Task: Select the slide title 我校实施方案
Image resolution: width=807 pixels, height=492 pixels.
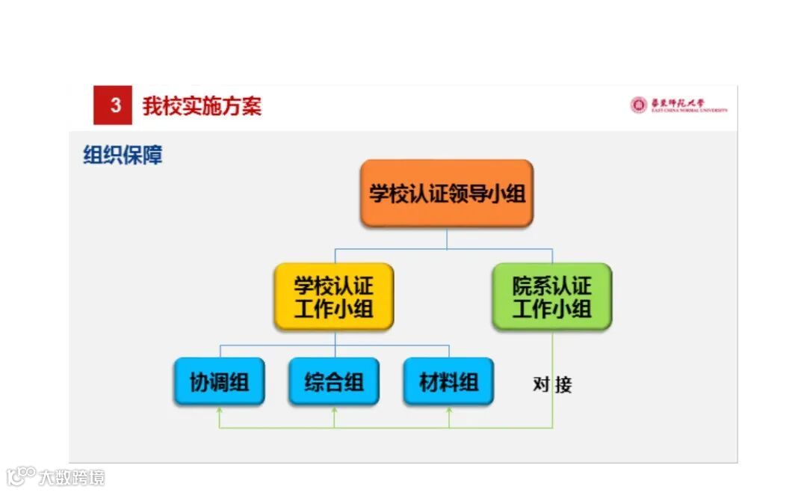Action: (202, 106)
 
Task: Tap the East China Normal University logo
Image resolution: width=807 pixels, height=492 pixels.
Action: (678, 105)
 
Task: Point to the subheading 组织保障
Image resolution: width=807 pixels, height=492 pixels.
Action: (123, 155)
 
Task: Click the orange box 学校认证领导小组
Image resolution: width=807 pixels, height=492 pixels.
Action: (447, 194)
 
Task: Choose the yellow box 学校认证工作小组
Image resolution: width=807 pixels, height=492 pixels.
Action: (333, 297)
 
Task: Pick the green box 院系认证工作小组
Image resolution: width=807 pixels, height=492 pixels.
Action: (551, 297)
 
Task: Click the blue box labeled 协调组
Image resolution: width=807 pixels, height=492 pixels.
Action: (219, 382)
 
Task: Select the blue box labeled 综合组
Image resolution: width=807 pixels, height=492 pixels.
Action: (334, 382)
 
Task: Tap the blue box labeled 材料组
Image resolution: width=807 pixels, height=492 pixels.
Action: (448, 382)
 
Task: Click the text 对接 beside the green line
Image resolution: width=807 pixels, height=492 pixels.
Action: (552, 385)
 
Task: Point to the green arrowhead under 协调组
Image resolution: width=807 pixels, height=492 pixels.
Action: (219, 410)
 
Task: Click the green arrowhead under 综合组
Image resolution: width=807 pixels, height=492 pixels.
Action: (334, 410)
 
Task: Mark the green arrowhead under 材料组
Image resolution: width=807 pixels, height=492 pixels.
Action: (449, 410)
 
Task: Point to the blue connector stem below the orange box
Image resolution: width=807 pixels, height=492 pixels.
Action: (447, 238)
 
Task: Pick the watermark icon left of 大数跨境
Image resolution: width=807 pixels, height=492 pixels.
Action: (21, 476)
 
